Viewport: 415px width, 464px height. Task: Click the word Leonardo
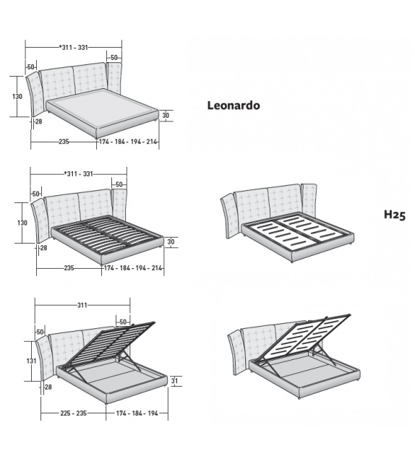pyautogui.click(x=234, y=106)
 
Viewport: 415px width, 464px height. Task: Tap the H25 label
pyautogui.click(x=394, y=215)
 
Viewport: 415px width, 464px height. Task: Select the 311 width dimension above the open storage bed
pyautogui.click(x=82, y=305)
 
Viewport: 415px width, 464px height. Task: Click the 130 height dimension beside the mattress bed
pyautogui.click(x=17, y=95)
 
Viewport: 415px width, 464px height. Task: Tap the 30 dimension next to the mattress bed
pyautogui.click(x=166, y=115)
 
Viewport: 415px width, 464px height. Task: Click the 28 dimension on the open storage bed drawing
pyautogui.click(x=48, y=387)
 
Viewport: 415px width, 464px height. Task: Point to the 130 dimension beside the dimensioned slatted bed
pyautogui.click(x=21, y=223)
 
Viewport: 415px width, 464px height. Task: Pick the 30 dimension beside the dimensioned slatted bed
pyautogui.click(x=171, y=241)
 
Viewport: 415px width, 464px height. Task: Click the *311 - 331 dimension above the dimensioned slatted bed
pyautogui.click(x=77, y=173)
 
